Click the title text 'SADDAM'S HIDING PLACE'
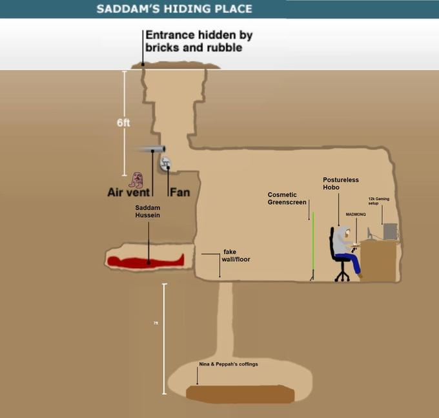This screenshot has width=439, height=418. tap(174, 9)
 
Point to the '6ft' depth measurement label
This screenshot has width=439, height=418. tap(124, 123)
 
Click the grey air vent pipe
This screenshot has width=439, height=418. tap(151, 149)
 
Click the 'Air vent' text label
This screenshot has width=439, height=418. tap(128, 192)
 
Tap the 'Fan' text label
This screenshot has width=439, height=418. tap(179, 192)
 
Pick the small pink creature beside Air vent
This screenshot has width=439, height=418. tap(136, 179)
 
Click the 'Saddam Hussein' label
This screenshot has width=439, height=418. tap(147, 211)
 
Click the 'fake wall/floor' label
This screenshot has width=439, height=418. tap(236, 255)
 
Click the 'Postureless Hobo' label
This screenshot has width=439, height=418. tap(340, 183)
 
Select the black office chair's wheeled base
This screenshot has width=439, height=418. tap(342, 276)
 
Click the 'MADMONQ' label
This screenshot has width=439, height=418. tap(356, 213)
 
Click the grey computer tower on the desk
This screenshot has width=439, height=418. tap(390, 231)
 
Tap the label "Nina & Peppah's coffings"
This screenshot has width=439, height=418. tap(228, 364)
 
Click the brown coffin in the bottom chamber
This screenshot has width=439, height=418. tap(240, 393)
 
